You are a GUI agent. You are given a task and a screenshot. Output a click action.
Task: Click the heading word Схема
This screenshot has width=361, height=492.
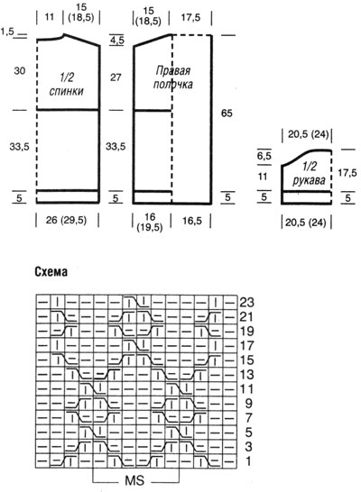(x=51, y=272)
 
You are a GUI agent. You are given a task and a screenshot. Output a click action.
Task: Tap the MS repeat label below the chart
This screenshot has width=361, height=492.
(x=134, y=480)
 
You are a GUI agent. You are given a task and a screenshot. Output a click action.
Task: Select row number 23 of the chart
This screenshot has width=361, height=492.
(x=246, y=303)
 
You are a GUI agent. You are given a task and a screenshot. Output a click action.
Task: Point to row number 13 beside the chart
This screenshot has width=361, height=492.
(x=246, y=375)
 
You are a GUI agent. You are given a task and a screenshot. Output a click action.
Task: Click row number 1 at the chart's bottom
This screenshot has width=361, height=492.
(x=248, y=461)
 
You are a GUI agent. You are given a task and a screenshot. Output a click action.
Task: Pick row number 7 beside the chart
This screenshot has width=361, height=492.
(x=248, y=418)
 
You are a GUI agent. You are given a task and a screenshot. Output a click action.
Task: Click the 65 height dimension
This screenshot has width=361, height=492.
(x=227, y=113)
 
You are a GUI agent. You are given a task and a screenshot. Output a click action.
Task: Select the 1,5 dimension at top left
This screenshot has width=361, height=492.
(x=7, y=32)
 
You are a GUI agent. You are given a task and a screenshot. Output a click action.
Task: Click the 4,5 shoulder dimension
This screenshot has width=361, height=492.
(x=117, y=41)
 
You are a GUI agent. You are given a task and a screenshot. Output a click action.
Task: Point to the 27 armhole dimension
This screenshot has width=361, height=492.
(x=116, y=77)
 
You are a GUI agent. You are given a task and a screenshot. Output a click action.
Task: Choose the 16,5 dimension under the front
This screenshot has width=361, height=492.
(x=192, y=221)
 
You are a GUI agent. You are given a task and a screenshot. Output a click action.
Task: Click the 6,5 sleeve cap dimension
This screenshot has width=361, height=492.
(x=264, y=156)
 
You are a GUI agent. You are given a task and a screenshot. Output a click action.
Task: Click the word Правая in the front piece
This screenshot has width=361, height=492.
(x=173, y=70)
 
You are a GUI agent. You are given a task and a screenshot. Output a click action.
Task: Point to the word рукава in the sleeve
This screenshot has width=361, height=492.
(x=309, y=180)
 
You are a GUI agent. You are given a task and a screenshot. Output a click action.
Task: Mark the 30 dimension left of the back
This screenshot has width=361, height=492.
(x=20, y=70)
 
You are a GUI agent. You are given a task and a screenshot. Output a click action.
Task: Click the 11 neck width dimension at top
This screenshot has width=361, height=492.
(x=50, y=16)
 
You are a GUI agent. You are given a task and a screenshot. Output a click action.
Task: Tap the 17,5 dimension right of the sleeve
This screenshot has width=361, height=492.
(x=347, y=173)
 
